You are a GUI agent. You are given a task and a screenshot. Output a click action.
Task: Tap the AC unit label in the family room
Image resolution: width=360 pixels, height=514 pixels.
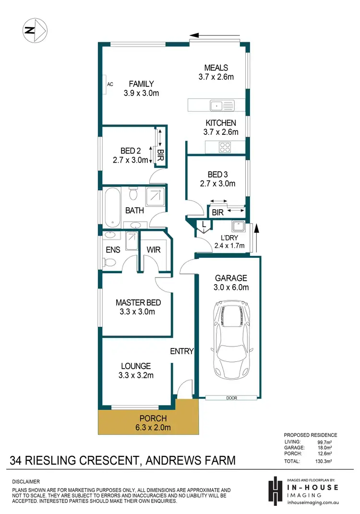click(x=110, y=84)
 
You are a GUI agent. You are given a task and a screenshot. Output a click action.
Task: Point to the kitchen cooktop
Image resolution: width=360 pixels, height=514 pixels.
click(x=224, y=146)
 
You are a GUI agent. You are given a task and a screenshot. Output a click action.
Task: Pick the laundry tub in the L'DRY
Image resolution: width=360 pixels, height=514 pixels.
click(x=238, y=227)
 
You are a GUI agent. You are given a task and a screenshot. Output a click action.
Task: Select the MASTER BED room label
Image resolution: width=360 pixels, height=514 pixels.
click(x=138, y=303)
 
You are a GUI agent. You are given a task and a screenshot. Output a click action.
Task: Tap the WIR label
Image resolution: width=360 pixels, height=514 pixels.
click(x=154, y=250)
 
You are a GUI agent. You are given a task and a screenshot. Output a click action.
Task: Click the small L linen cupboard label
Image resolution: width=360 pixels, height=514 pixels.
click(x=204, y=224)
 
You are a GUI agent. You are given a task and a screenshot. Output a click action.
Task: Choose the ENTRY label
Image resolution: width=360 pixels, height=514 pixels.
click(x=182, y=351)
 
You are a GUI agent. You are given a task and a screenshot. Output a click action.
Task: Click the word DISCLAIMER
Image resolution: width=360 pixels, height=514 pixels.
click(x=26, y=481)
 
